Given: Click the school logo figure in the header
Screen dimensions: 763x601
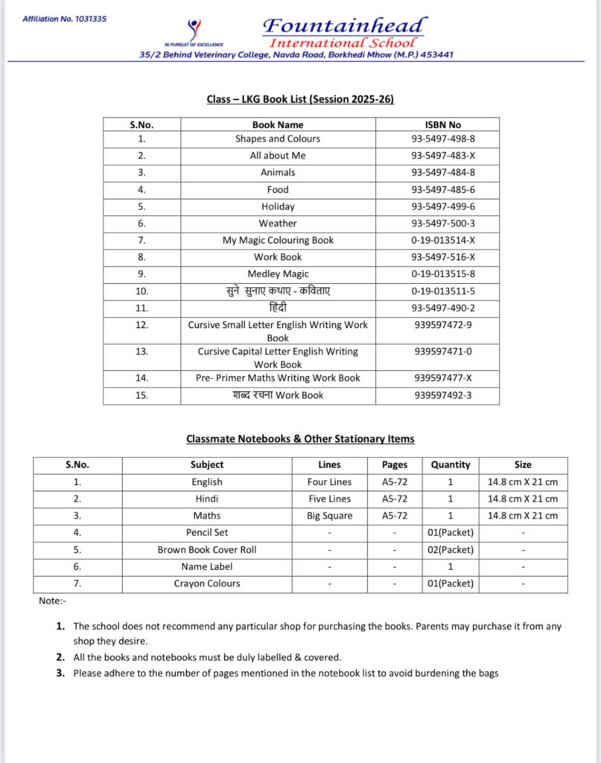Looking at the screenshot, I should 194,30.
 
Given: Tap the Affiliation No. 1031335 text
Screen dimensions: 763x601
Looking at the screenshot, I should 64,18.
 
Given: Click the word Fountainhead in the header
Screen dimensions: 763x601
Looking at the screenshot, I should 345,26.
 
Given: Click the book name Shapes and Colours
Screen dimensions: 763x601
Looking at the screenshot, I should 278,139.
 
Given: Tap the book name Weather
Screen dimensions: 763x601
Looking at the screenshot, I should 278,223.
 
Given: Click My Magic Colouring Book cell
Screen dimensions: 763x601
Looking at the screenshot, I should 278,240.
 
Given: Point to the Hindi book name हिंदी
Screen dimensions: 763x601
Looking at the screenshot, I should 278,308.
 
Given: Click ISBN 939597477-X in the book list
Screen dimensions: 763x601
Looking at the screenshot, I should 443,378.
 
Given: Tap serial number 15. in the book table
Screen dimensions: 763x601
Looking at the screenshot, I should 142,395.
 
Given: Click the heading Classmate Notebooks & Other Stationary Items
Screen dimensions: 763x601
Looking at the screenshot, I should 300,439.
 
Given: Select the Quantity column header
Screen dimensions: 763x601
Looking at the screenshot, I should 451,464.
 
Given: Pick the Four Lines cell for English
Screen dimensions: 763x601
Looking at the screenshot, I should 330,482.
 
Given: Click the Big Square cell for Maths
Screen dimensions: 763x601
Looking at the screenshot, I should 330,516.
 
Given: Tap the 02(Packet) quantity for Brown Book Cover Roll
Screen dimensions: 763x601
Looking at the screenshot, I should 451,550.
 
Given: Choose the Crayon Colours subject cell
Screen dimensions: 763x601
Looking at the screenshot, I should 207,583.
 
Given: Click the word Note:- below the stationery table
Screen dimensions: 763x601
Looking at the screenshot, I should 52,601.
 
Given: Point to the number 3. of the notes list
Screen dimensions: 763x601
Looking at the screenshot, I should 60,674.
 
